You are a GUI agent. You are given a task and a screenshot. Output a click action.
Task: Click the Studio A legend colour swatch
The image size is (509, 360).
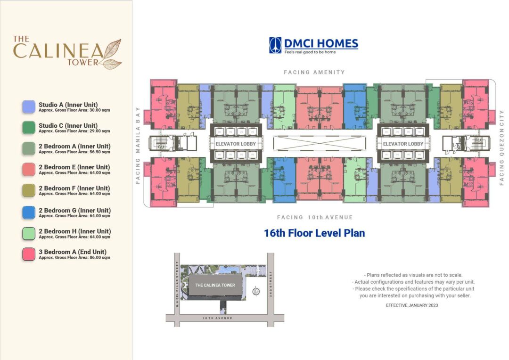point(29,106)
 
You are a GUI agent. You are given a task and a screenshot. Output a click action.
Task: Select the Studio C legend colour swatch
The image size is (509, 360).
point(29,128)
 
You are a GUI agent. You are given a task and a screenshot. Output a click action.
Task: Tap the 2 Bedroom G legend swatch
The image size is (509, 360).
point(29,213)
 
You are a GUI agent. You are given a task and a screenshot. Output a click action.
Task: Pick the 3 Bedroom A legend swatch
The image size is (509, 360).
point(29,254)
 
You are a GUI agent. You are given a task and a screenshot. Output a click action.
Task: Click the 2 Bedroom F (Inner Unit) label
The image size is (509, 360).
point(74,188)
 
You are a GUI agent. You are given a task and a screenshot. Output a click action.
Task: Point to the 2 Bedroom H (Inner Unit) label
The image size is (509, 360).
point(74,231)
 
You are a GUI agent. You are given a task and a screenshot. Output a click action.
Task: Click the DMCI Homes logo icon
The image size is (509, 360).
point(275,45)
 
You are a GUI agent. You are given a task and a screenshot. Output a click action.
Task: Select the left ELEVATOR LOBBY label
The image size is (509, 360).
point(235,144)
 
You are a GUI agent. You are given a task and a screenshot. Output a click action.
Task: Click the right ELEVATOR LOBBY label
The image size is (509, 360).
point(403,144)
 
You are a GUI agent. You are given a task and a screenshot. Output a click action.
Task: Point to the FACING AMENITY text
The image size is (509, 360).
point(314,72)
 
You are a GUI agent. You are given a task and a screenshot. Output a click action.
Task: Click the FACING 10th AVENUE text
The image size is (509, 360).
point(315,217)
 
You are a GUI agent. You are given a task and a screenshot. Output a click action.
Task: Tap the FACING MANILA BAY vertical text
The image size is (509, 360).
point(139,144)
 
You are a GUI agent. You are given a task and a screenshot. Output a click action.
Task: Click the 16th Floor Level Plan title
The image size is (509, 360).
point(314,233)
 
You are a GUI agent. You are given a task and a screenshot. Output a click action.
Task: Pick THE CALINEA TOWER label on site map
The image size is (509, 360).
point(215,285)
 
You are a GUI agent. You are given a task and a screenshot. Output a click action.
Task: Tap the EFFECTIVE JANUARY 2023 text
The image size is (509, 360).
point(412,305)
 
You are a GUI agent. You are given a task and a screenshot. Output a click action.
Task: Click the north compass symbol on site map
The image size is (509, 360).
point(256,291)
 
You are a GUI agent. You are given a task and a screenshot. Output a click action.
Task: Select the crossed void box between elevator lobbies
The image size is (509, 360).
point(319,144)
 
